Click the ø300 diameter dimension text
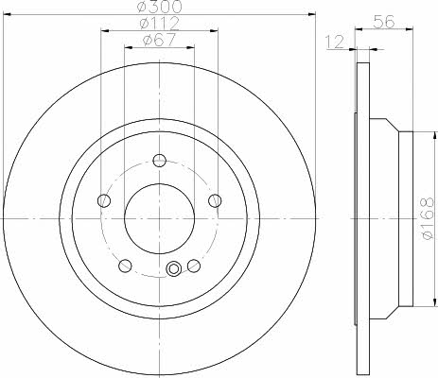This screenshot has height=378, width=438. (160, 7)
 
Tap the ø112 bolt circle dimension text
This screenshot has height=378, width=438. (159, 23)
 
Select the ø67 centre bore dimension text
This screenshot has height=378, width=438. (159, 40)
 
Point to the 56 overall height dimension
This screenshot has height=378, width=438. (384, 22)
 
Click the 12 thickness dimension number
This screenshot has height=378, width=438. (335, 42)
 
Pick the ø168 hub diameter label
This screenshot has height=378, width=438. (428, 218)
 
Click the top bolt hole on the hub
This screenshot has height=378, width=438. (160, 161)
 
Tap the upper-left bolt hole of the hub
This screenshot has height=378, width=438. (104, 200)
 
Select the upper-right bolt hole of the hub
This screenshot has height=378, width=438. (215, 200)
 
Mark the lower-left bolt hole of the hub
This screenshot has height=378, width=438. (125, 266)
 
